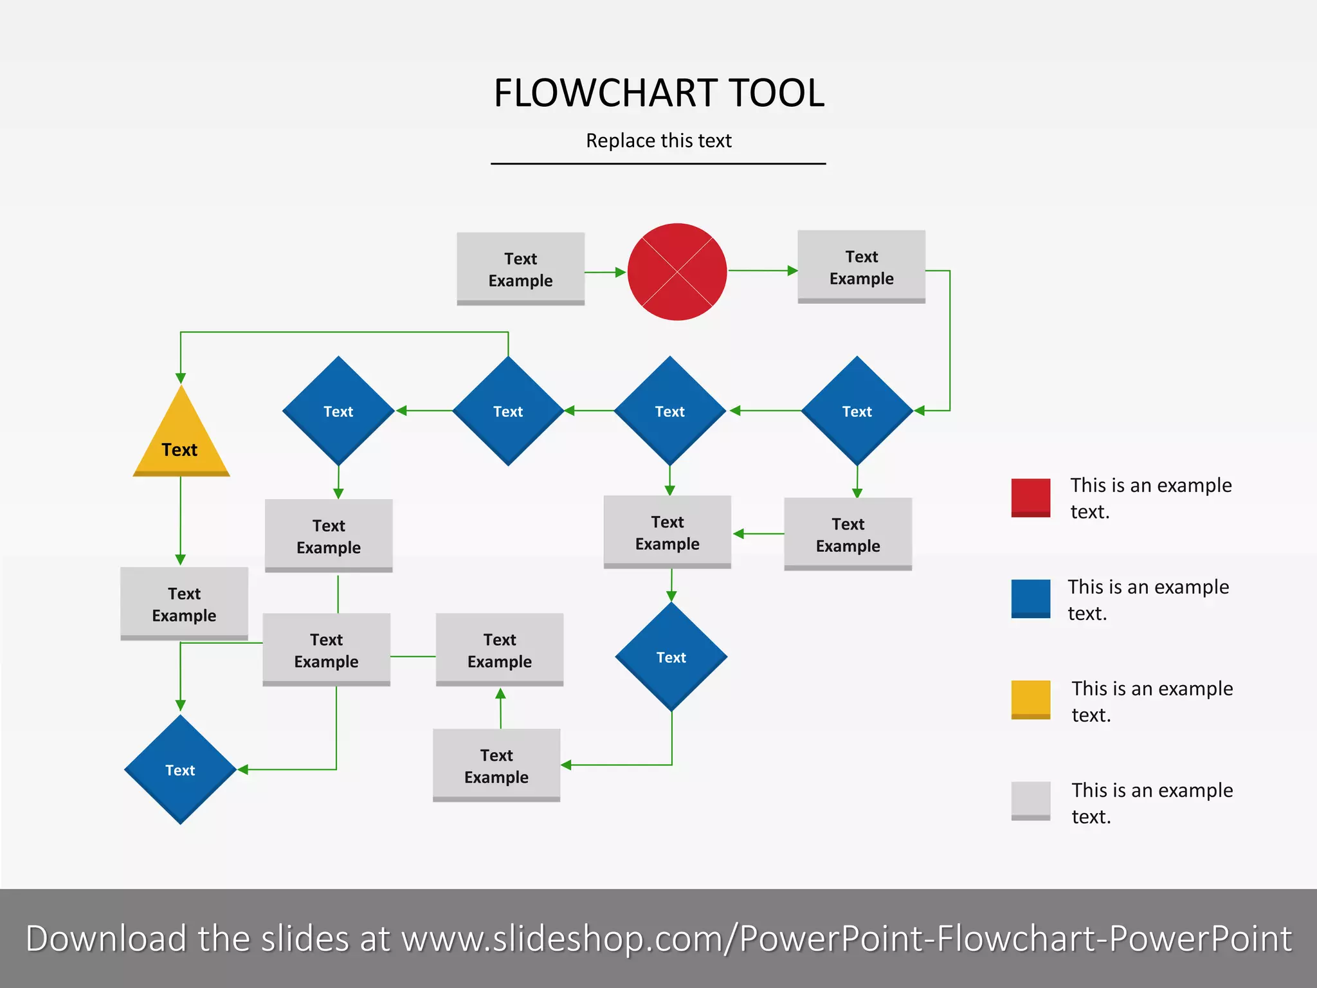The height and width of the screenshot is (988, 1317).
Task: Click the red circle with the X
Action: point(677,272)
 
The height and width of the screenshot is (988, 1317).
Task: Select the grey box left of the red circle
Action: point(520,269)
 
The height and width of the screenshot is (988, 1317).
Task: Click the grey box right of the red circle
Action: point(861,267)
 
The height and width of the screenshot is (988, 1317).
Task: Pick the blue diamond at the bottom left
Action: point(180,769)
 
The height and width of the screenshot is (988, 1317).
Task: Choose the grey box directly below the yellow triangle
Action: point(184,603)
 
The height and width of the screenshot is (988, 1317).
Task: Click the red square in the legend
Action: point(1030,497)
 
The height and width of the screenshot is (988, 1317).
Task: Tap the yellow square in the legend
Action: point(1030,699)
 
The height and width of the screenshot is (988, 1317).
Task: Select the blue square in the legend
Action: point(1030,598)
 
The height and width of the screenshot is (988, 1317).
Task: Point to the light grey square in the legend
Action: point(1030,801)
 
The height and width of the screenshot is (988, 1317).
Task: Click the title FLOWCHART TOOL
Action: point(658,93)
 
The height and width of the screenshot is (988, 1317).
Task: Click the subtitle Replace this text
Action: point(658,140)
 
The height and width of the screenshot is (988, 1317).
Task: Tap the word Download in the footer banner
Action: point(106,938)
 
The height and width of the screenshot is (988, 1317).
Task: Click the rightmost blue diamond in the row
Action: point(857,411)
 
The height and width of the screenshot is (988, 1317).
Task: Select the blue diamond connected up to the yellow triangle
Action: point(508,411)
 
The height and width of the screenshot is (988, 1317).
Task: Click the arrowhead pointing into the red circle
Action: point(621,272)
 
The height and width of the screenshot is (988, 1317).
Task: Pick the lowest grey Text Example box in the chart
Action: point(496,765)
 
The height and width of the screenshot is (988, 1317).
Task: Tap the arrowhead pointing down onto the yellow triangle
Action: point(181,378)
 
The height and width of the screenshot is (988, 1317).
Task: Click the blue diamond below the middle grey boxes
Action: point(671,657)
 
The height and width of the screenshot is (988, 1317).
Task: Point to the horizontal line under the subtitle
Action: point(658,163)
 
